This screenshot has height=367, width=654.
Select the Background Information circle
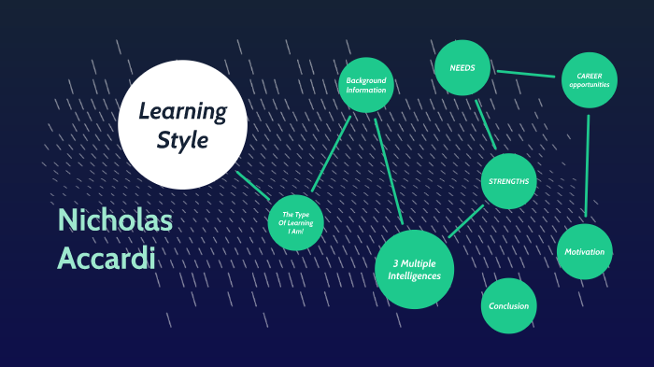[x=365, y=85]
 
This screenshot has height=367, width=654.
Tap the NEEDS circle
[x=462, y=68]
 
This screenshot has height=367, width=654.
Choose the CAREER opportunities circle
[x=589, y=80]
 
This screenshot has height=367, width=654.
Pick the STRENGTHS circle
[x=509, y=180]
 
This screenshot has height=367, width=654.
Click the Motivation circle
[x=586, y=252]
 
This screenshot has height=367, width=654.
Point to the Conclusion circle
[x=509, y=305]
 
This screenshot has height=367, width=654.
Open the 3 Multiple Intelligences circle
[x=415, y=269]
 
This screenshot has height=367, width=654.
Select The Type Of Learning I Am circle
[x=295, y=223]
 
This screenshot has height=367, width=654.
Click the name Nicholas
[x=114, y=220]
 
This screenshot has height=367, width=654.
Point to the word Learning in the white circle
[x=183, y=112]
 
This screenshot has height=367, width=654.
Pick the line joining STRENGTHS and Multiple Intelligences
[x=466, y=221]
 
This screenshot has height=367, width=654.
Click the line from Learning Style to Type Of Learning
[x=253, y=185]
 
